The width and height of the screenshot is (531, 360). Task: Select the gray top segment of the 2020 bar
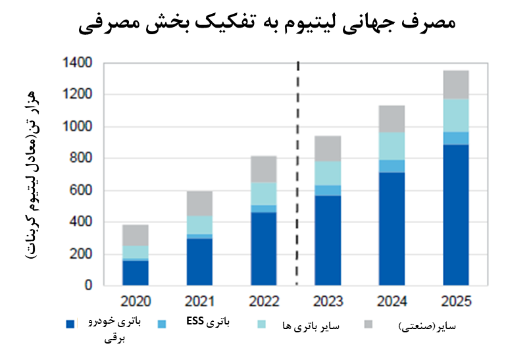[x=135, y=235]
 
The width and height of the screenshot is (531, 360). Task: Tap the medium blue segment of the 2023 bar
[x=327, y=190]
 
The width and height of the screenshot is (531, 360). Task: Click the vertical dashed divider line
[x=298, y=171]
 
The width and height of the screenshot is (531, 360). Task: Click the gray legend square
[x=368, y=324]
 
